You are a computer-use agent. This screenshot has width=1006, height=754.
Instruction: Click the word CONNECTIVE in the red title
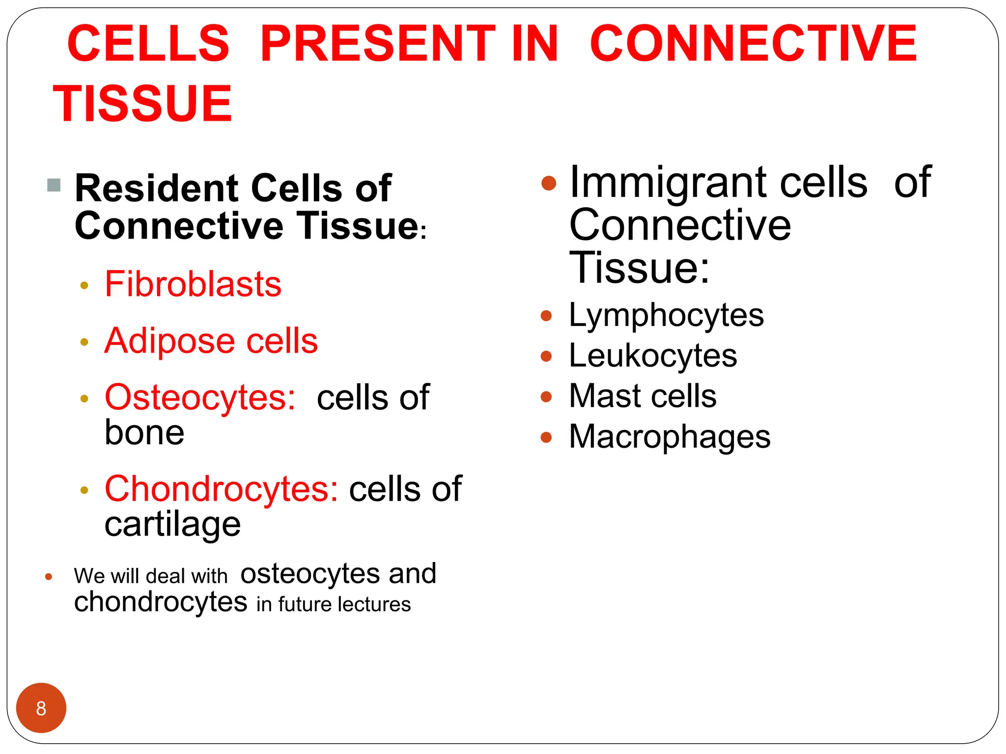(x=753, y=44)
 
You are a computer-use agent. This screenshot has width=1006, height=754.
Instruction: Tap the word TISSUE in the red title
(x=142, y=104)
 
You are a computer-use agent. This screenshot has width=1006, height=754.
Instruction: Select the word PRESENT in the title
(x=378, y=44)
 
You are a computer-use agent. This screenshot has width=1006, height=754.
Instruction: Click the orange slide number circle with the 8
(x=41, y=708)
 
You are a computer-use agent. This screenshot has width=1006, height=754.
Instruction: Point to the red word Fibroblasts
(x=193, y=284)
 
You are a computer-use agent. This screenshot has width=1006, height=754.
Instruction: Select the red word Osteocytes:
(x=200, y=397)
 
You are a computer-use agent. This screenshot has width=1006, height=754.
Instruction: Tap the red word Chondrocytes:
(x=222, y=489)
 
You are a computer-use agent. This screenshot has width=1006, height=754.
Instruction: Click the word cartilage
(x=172, y=524)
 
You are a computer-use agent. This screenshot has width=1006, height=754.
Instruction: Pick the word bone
(x=144, y=433)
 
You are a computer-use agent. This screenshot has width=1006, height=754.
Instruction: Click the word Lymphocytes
(x=666, y=315)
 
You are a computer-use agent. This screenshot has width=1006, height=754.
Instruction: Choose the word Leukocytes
(x=653, y=356)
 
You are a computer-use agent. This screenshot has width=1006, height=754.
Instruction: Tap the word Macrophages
(x=670, y=437)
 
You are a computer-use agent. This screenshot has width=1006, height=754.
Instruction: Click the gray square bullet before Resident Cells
(x=54, y=185)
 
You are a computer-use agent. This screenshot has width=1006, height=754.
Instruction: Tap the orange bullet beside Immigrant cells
(x=548, y=184)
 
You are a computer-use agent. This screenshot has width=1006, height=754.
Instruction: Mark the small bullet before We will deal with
(x=49, y=577)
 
